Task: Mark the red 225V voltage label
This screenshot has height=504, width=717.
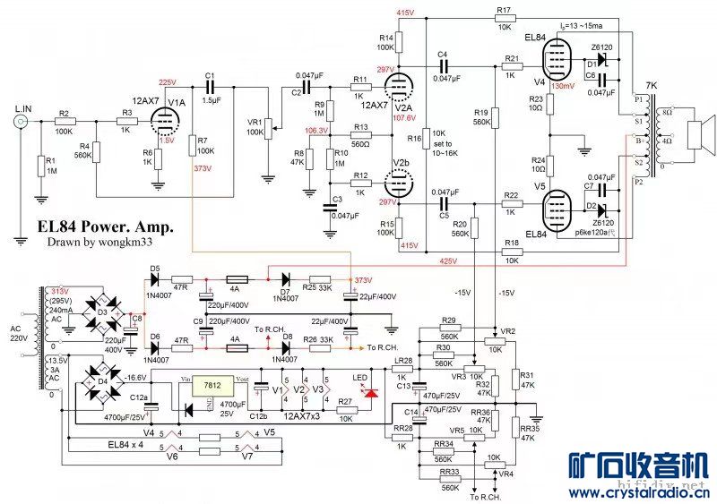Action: (x=168, y=81)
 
